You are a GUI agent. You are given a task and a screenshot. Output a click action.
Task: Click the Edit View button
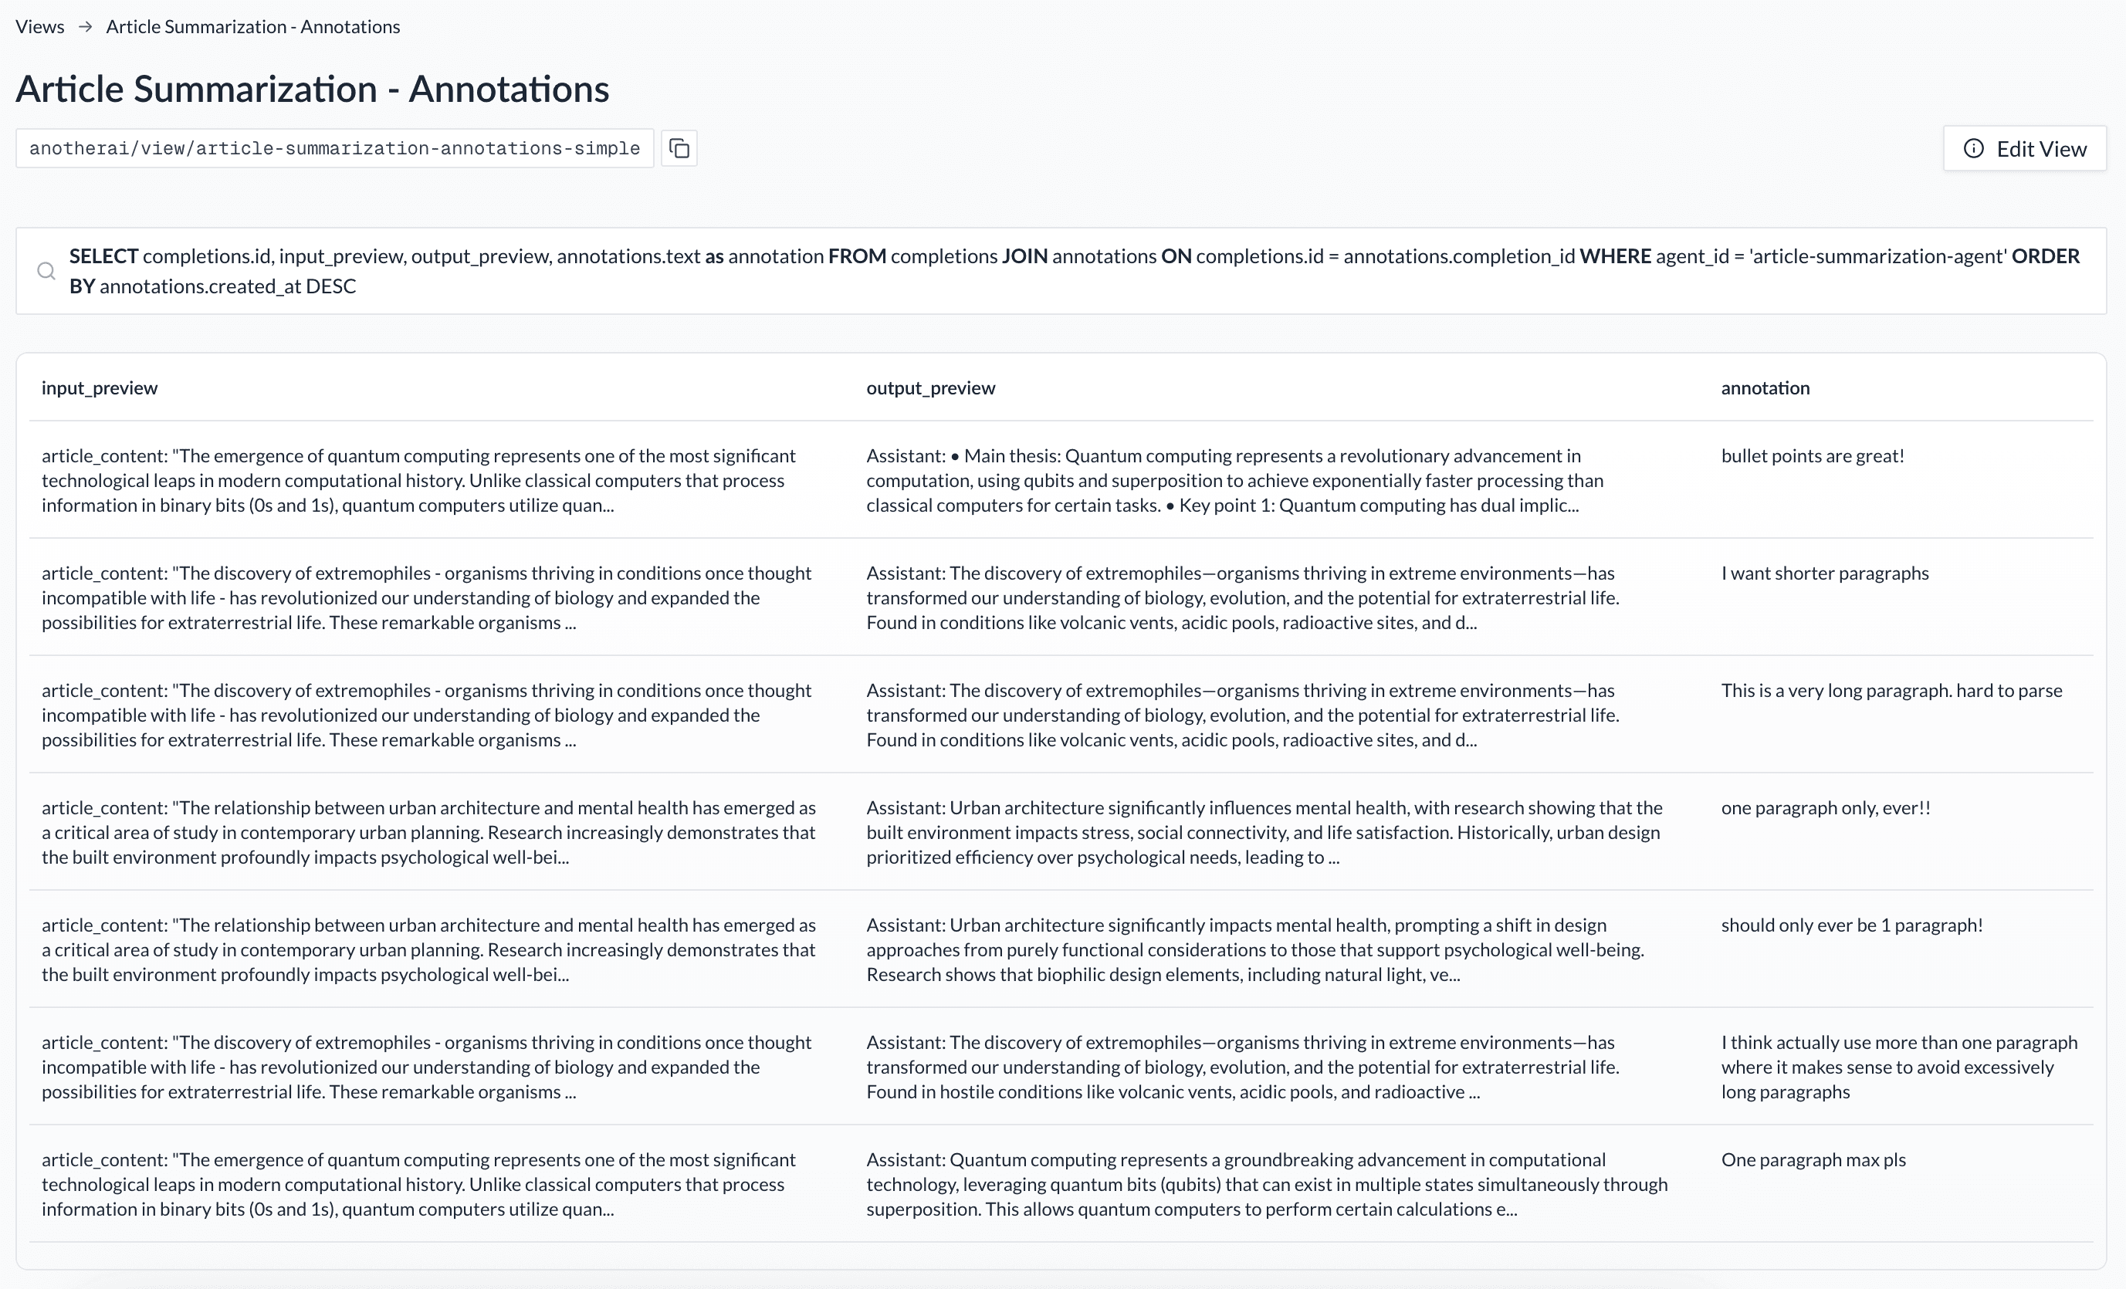tap(2024, 148)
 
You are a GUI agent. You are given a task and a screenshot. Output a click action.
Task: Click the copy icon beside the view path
tap(679, 148)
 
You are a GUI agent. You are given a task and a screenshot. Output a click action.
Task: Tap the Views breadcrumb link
tap(39, 27)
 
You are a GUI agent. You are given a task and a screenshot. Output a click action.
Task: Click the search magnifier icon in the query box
tap(46, 271)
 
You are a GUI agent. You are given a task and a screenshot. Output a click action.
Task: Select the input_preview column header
tap(100, 387)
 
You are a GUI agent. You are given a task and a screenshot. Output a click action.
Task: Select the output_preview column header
tap(930, 387)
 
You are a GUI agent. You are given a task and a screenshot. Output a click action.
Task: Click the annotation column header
tap(1765, 387)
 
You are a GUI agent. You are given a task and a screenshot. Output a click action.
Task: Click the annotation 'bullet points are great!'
tap(1812, 455)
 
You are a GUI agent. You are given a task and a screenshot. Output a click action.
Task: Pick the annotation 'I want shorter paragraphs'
tap(1824, 573)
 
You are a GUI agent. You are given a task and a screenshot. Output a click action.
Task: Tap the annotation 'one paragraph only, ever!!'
tap(1825, 807)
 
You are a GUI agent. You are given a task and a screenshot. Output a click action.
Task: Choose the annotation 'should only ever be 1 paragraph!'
tap(1850, 925)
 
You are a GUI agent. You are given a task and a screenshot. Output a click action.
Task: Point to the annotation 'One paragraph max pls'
tap(1813, 1159)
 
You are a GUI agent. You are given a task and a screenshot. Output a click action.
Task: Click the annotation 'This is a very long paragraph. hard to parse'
tap(1891, 690)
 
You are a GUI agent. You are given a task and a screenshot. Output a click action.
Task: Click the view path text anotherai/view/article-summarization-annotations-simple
tap(335, 148)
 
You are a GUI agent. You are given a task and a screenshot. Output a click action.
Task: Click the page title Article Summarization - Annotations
tap(313, 89)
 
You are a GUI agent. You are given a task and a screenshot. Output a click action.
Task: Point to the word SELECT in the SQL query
tap(103, 256)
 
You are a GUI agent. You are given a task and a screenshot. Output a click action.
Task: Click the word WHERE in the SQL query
tap(1614, 256)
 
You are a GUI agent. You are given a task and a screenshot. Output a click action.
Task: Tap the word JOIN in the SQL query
tap(1024, 256)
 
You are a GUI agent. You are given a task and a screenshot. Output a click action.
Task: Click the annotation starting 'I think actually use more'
tap(1898, 1067)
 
